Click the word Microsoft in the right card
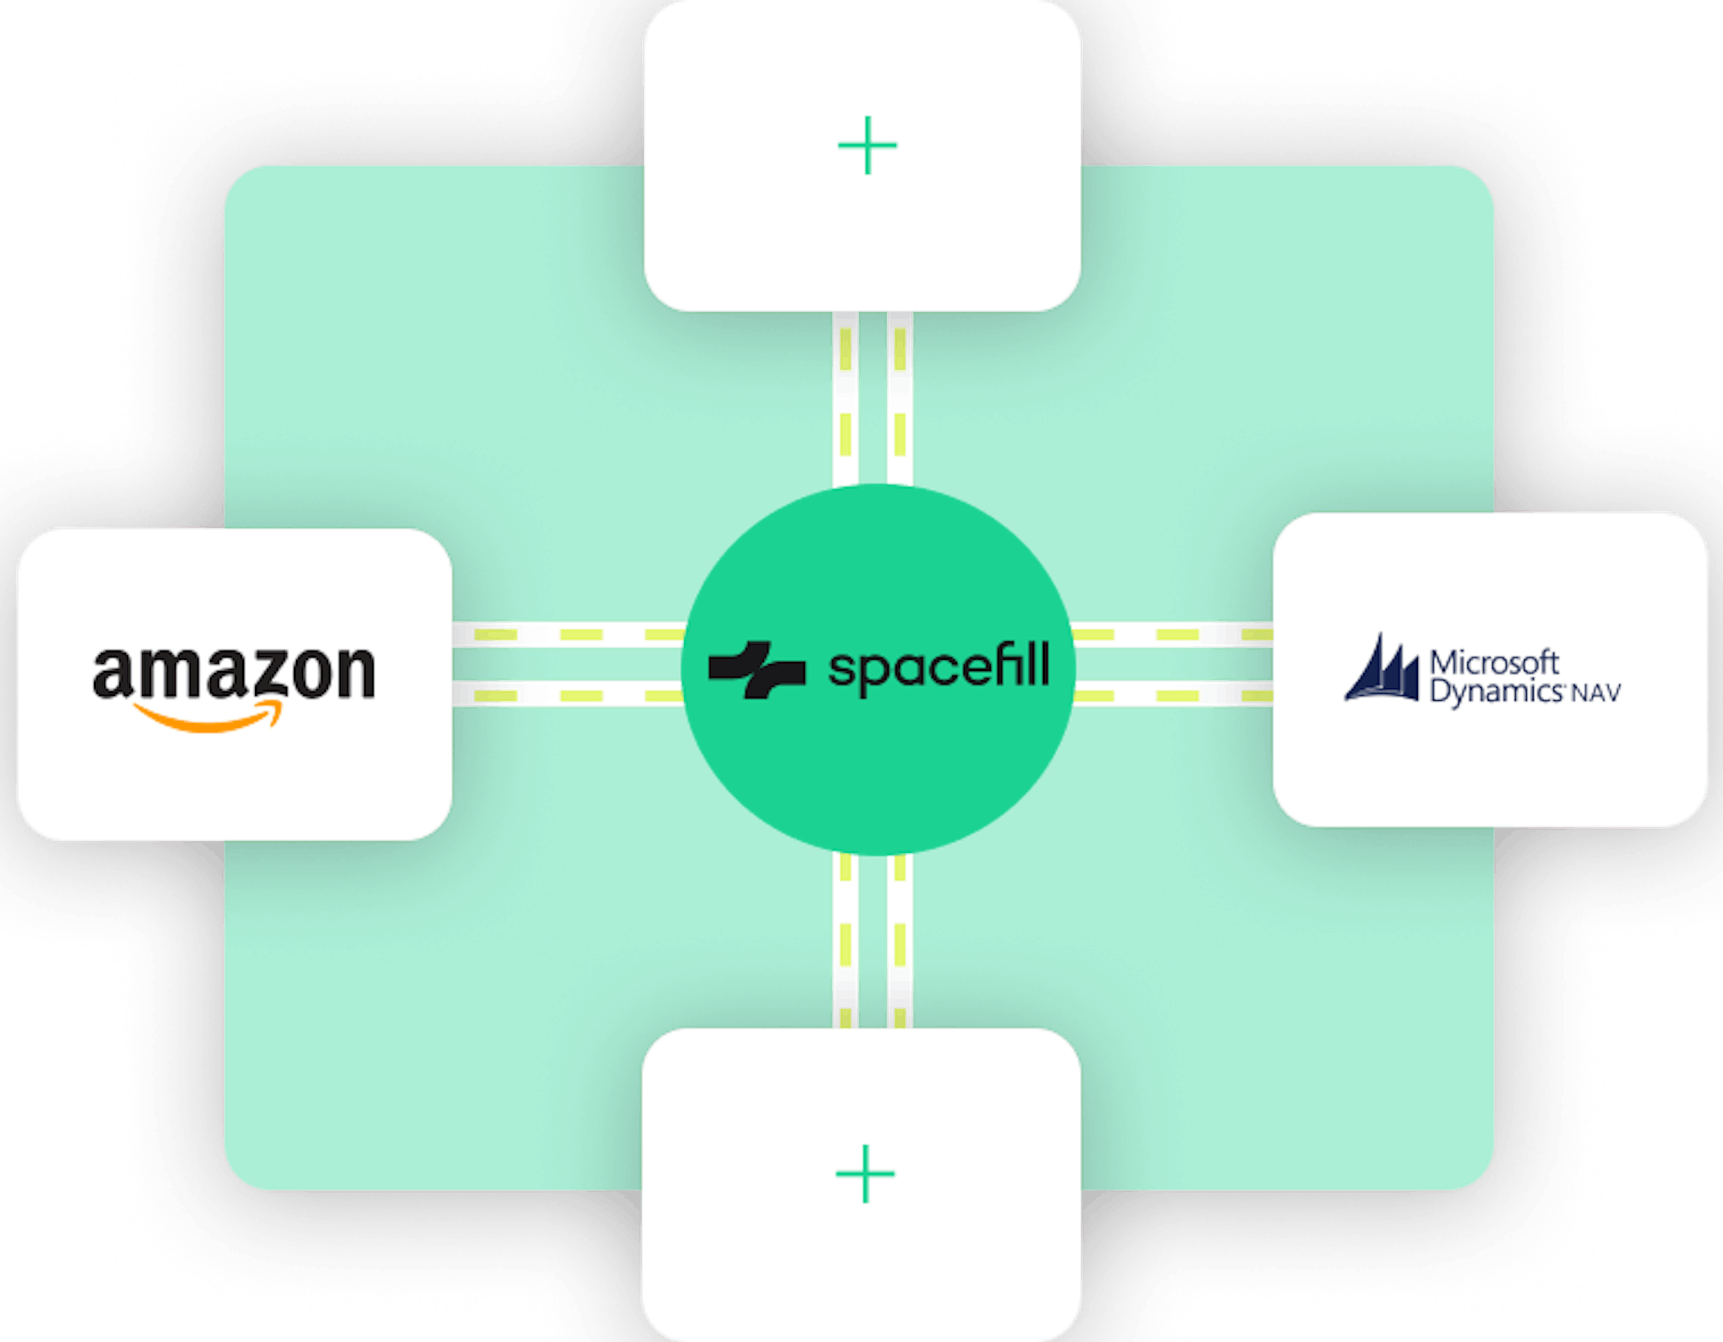tap(1494, 662)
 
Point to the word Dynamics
tap(1496, 692)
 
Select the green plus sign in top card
tap(867, 145)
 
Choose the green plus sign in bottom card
tap(865, 1173)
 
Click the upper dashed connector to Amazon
tap(568, 635)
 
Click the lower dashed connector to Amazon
tap(568, 695)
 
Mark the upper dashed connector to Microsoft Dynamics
tap(1173, 635)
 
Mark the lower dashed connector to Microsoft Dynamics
tap(1173, 695)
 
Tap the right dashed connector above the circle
tap(900, 398)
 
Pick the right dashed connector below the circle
tap(900, 941)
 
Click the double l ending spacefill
tap(1038, 664)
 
